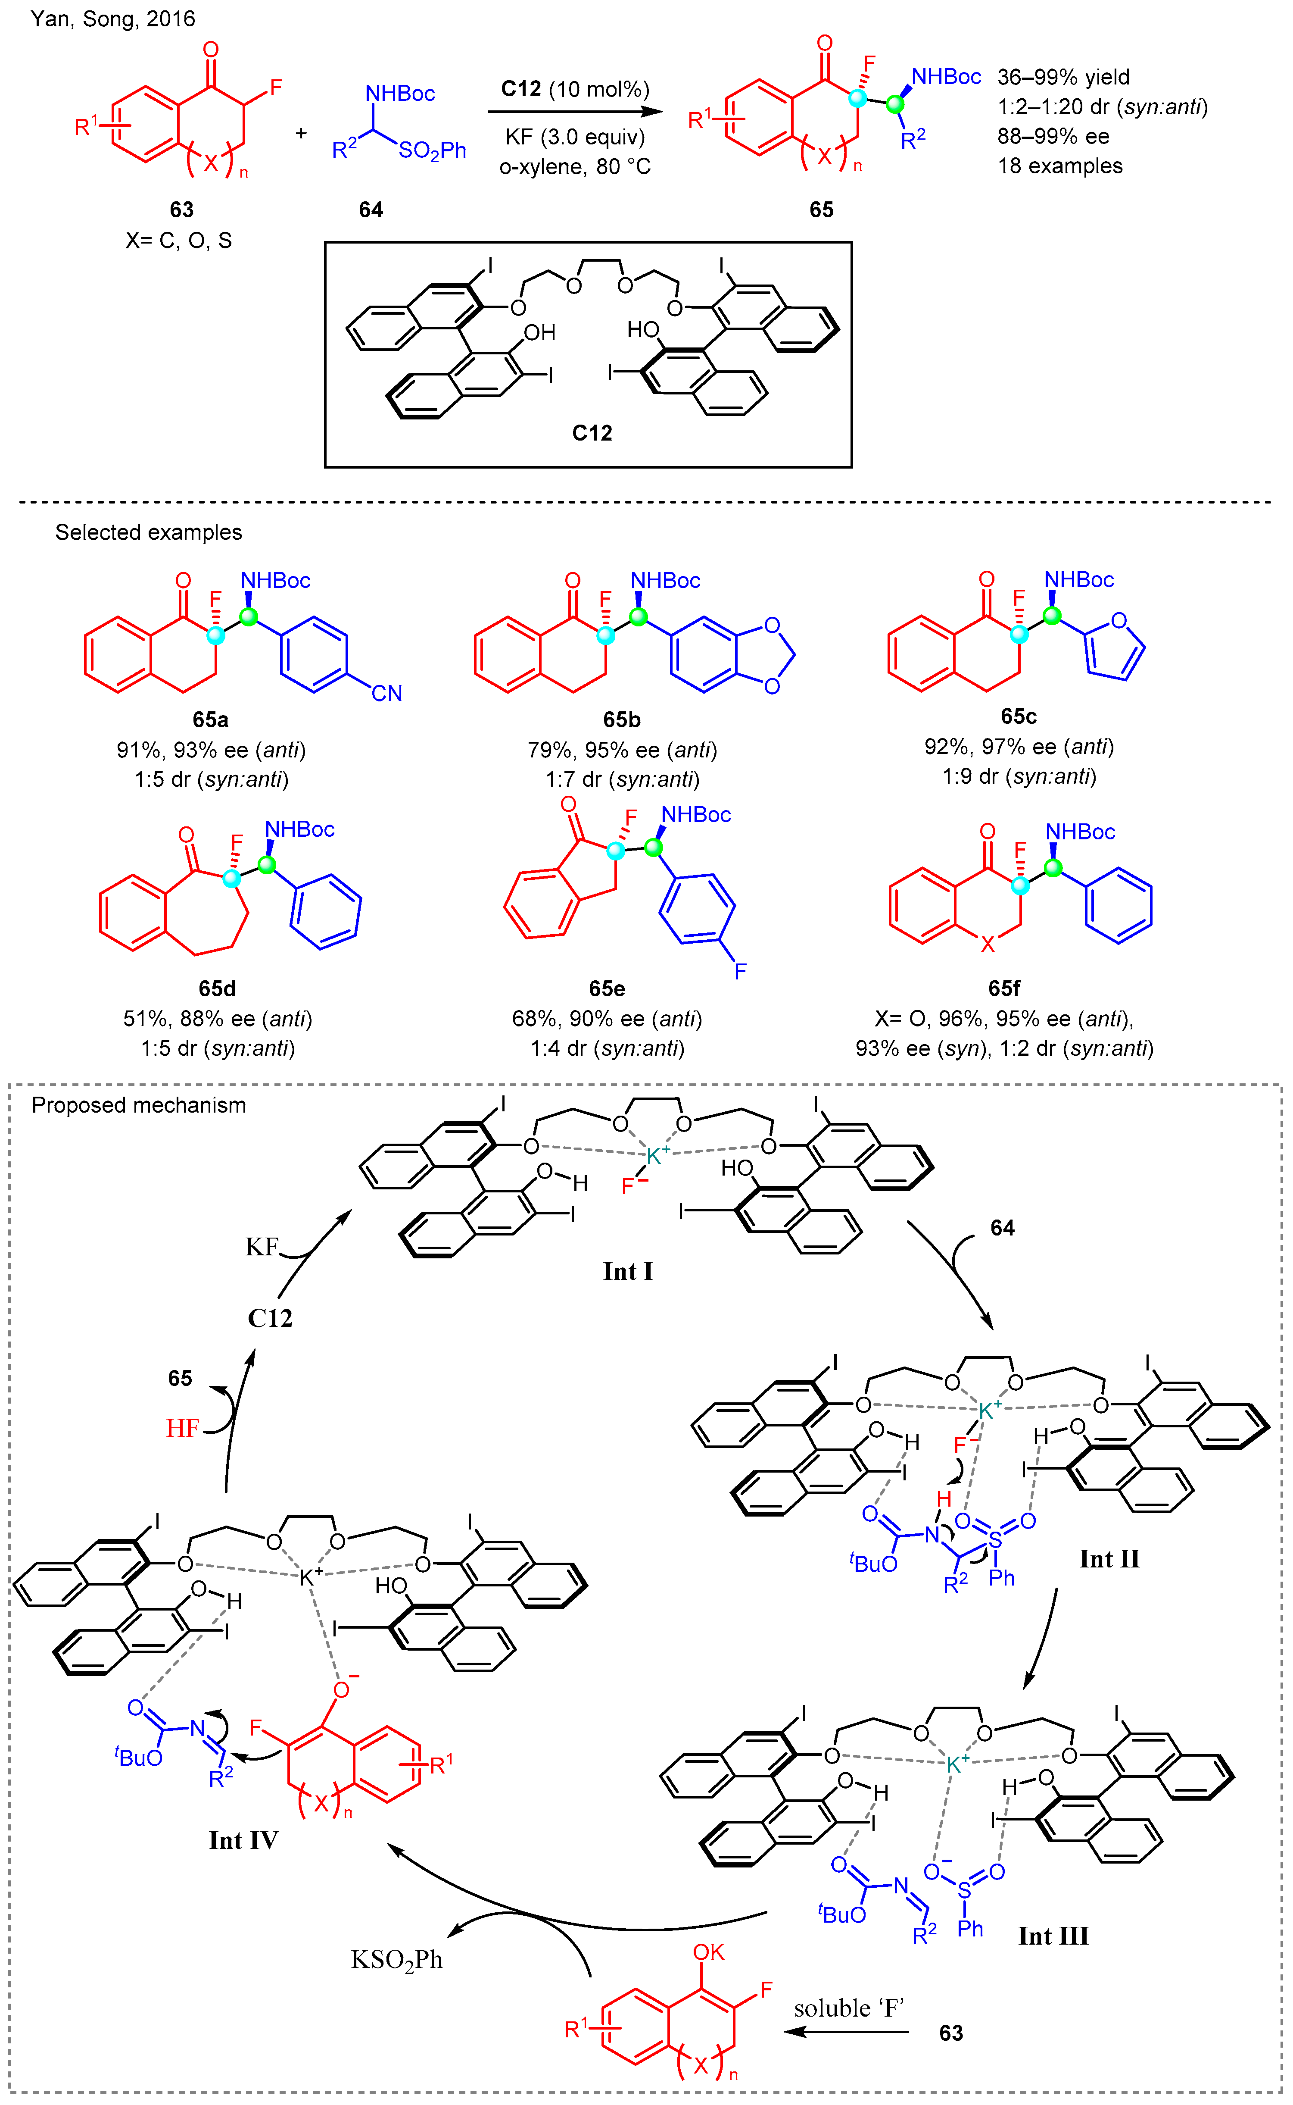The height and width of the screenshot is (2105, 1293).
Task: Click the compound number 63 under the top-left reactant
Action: click(181, 210)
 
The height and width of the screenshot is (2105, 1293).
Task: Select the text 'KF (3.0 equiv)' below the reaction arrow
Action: click(575, 137)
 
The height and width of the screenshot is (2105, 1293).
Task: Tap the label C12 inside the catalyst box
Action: click(592, 433)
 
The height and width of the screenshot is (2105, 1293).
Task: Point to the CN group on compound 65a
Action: click(386, 693)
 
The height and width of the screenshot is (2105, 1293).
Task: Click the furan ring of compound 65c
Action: click(1114, 647)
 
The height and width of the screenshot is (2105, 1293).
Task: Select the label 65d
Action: click(217, 989)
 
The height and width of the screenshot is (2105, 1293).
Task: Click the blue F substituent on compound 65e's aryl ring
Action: click(741, 971)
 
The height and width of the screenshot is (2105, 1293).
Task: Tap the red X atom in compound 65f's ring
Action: click(988, 945)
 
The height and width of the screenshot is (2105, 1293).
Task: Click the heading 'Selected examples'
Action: click(149, 532)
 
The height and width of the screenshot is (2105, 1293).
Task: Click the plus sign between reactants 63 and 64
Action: click(301, 134)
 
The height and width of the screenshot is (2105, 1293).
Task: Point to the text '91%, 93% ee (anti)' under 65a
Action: click(211, 750)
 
